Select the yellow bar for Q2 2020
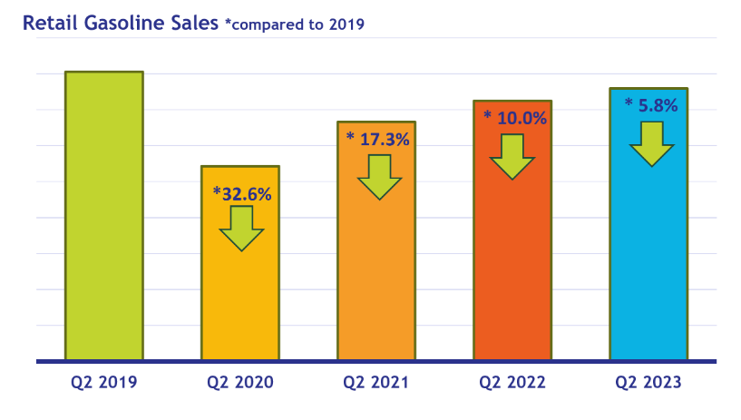[x=239, y=299]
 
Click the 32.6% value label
[x=242, y=193]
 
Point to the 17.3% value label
[x=378, y=140]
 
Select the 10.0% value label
[x=515, y=118]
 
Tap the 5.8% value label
[x=651, y=105]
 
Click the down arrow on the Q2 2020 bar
[x=241, y=229]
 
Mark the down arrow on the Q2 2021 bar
[x=378, y=177]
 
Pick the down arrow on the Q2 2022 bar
[x=512, y=157]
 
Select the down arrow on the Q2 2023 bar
[x=651, y=143]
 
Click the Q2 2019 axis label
[x=103, y=383]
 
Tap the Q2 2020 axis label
[x=239, y=383]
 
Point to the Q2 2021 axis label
[x=375, y=383]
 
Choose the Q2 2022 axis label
[x=512, y=383]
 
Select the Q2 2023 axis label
[x=648, y=383]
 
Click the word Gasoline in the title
[x=122, y=24]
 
